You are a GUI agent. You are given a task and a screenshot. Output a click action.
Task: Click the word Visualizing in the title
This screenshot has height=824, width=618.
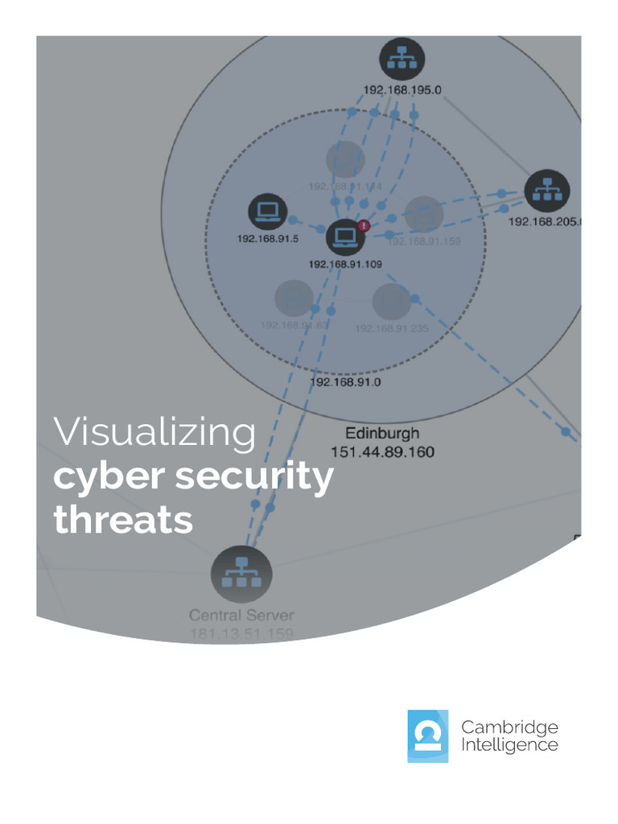coord(154,432)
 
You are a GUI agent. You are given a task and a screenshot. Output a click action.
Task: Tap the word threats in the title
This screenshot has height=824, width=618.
coord(123,520)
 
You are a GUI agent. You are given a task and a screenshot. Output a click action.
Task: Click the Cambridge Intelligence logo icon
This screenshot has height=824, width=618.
coord(427,735)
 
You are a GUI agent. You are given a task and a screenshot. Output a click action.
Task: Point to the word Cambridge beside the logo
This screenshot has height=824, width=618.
coord(509,727)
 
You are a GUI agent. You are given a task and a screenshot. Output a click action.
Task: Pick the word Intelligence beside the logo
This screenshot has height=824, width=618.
coord(509,745)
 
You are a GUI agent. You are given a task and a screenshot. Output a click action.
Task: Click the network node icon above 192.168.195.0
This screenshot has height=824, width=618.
coord(402,58)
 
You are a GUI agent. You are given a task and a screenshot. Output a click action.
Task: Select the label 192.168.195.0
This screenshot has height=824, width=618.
coord(402,90)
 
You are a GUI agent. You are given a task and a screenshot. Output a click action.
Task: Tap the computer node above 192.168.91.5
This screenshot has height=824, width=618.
coord(268,212)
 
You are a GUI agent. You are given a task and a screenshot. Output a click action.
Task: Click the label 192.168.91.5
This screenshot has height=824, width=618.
coord(268,239)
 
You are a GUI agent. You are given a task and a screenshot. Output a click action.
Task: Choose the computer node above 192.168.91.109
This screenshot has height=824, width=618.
coord(345,237)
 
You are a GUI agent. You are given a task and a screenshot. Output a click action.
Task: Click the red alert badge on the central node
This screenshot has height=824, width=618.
coord(364,225)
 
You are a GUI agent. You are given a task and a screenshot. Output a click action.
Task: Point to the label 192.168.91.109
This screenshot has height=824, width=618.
coord(345,263)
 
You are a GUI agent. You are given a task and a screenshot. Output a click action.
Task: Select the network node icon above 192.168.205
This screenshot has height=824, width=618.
coord(547,192)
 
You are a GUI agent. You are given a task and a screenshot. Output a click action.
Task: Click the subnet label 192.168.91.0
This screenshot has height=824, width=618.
coord(345,382)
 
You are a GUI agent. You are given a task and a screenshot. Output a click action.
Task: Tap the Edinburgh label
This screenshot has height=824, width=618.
coord(382,433)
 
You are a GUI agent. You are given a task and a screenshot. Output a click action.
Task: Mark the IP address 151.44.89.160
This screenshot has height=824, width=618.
coord(382,452)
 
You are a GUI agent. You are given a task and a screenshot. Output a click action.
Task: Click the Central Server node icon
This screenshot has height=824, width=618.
coord(241,574)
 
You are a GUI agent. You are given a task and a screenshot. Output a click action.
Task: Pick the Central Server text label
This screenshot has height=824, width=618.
coord(241,616)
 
